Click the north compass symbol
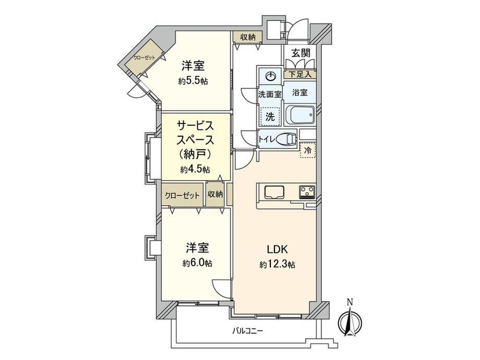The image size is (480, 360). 350,322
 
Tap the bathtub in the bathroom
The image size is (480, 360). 300,115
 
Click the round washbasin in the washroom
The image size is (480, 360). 270,76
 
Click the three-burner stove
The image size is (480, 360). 307,192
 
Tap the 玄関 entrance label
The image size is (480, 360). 301,53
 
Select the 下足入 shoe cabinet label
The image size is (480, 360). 300,75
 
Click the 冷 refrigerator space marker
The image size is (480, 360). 308,150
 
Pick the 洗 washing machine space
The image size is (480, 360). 270,117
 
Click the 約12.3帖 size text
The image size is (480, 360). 278,265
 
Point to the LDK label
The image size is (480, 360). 278,249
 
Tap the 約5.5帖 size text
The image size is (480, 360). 193,81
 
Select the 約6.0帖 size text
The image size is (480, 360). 197,263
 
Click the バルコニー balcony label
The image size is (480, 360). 247,331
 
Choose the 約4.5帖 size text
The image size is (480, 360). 195,170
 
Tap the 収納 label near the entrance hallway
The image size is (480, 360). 247,38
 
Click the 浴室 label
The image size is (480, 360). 299,92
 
